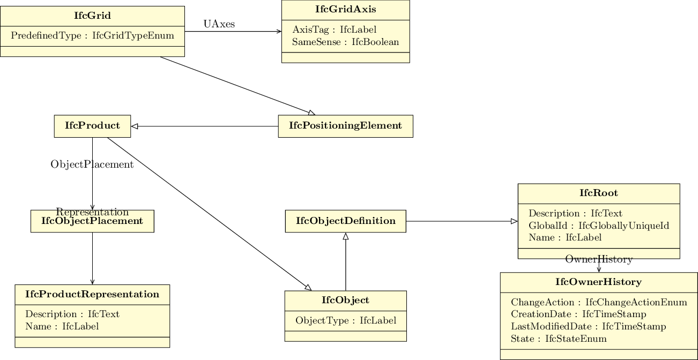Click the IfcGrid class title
point(92,16)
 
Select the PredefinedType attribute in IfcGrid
point(92,35)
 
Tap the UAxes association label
point(219,24)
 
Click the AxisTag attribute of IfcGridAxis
point(335,29)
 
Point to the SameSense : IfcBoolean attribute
point(345,42)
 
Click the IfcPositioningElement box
point(346,126)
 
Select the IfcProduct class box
point(92,126)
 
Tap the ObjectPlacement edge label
point(92,164)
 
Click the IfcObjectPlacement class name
point(92,221)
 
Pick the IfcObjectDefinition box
point(346,221)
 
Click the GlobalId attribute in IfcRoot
point(599,226)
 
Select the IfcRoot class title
point(599,193)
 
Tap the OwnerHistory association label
point(599,259)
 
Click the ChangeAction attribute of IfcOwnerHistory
point(599,302)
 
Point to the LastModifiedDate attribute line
point(588,326)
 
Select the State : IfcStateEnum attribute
point(559,339)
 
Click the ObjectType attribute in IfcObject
point(346,320)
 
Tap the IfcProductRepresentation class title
point(92,294)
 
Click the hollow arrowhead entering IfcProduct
point(135,126)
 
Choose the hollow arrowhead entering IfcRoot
point(514,221)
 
